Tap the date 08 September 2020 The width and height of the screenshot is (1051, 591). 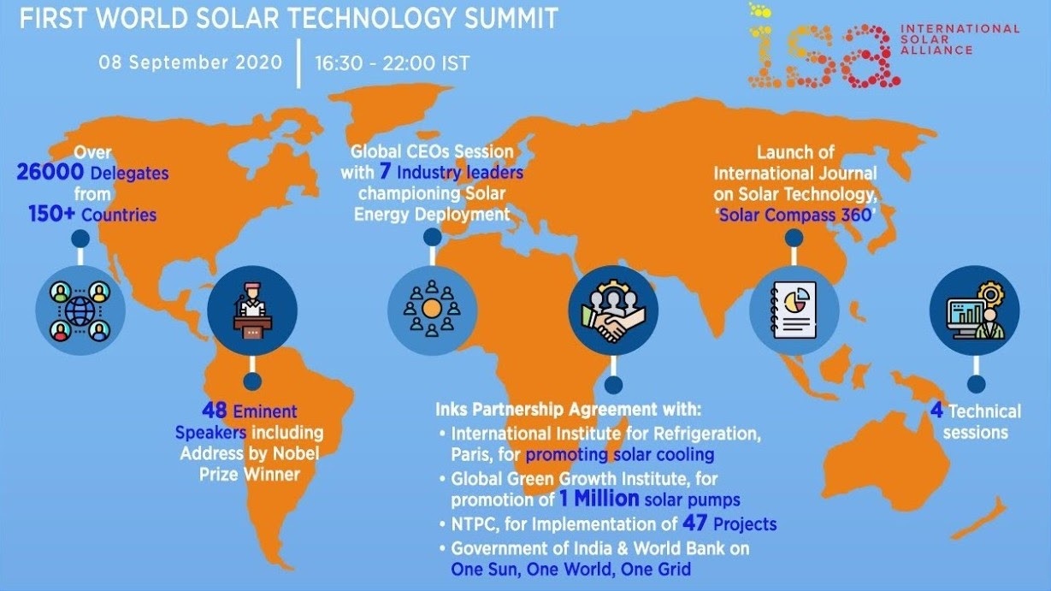point(191,62)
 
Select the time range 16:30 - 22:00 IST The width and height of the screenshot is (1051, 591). point(393,63)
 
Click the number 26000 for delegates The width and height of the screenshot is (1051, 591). point(50,172)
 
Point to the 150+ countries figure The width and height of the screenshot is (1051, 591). point(51,214)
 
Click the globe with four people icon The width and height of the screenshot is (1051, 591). point(80,310)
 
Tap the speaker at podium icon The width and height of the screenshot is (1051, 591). point(252,310)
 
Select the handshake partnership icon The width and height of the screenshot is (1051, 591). point(613,310)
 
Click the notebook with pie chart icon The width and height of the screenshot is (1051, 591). point(794,310)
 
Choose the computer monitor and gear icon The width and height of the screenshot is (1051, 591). point(975,310)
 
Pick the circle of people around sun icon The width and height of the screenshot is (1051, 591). point(432,310)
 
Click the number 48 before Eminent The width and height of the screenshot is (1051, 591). point(215,411)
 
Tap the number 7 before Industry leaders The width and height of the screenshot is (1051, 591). point(385,171)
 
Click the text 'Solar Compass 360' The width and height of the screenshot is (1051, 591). point(795,215)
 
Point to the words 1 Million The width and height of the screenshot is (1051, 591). point(599,498)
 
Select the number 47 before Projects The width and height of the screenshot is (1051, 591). point(694,523)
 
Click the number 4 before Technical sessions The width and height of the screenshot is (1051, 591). point(936,411)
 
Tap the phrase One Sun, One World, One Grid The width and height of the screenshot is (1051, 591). point(571,570)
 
